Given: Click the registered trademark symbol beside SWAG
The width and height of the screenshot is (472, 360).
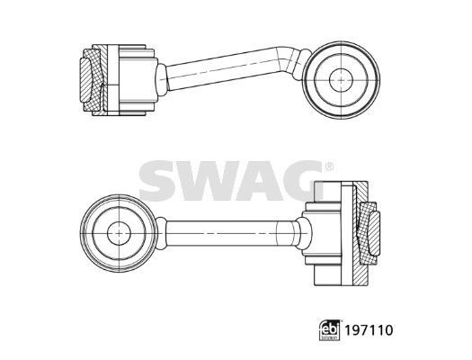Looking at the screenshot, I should pyautogui.click(x=330, y=167).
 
